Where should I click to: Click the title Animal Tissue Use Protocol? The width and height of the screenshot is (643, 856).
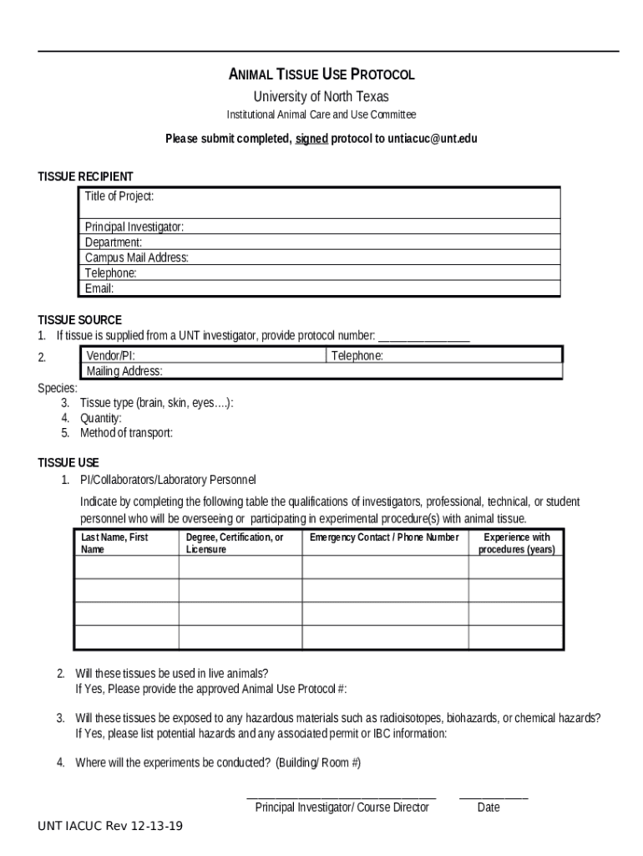321,74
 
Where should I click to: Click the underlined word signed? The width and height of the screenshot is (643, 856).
311,139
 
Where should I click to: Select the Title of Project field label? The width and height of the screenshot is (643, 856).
119,196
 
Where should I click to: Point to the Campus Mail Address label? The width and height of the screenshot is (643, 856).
136,257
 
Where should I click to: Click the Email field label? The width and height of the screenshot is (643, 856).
99,288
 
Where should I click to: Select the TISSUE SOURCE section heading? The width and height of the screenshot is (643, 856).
79,320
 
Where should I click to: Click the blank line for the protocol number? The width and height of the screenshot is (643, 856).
424,337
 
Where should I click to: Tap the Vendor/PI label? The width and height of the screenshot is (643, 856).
111,356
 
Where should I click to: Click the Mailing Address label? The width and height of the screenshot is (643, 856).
124,371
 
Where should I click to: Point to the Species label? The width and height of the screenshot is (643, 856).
58,388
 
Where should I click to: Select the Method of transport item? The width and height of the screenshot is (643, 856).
126,433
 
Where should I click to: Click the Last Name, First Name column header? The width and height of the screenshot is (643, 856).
114,543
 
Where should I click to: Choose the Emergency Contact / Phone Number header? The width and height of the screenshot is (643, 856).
384,538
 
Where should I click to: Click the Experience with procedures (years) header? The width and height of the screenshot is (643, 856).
516,543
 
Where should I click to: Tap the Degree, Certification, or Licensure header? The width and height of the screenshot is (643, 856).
235,543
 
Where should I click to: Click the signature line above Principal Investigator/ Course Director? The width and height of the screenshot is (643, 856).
341,798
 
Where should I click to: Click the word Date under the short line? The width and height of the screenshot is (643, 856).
489,808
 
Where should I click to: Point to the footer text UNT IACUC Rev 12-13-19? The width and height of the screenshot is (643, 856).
110,827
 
